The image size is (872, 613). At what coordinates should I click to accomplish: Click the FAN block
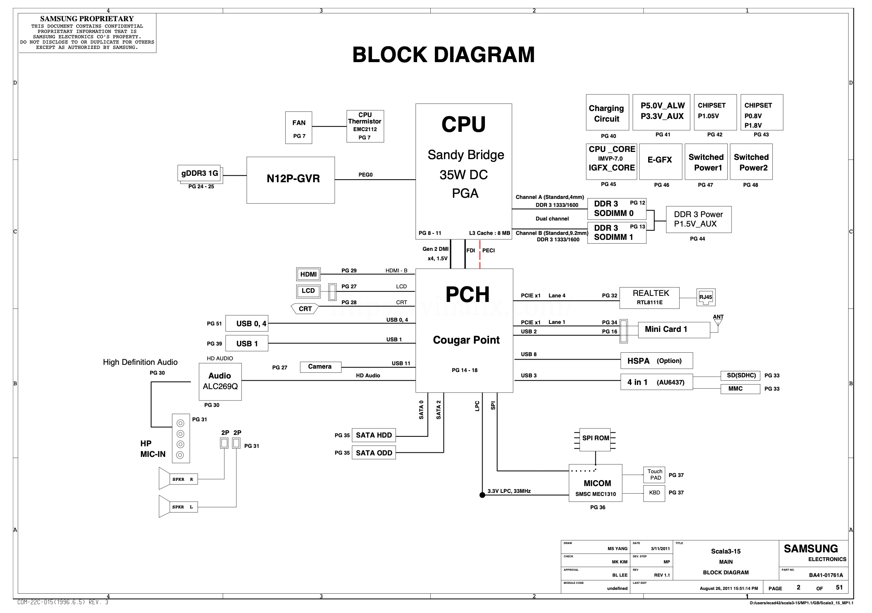pyautogui.click(x=298, y=128)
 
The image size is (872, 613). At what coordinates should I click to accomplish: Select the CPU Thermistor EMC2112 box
pyautogui.click(x=365, y=127)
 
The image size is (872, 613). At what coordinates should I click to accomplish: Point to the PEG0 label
pyautogui.click(x=366, y=175)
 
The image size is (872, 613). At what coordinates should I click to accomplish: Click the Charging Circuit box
pyautogui.click(x=607, y=113)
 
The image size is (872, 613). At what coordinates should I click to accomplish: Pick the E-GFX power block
pyautogui.click(x=661, y=161)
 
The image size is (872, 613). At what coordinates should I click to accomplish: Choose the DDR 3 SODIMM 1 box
pyautogui.click(x=616, y=233)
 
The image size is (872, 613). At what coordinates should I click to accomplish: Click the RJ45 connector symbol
pyautogui.click(x=706, y=297)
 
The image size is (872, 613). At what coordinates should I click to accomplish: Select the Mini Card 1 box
pyautogui.click(x=674, y=330)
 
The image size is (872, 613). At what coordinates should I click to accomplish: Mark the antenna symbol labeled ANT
pyautogui.click(x=718, y=322)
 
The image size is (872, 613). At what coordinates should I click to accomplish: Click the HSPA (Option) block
pyautogui.click(x=656, y=361)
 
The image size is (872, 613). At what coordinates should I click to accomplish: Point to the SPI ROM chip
pyautogui.click(x=595, y=439)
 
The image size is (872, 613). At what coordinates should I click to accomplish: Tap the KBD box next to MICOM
pyautogui.click(x=654, y=493)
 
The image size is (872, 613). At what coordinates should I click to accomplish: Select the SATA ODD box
pyautogui.click(x=374, y=453)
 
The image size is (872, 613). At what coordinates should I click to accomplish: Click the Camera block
pyautogui.click(x=320, y=367)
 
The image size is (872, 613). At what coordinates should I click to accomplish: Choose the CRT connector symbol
pyautogui.click(x=305, y=309)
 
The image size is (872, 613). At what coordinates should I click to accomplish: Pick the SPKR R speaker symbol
pyautogui.click(x=178, y=479)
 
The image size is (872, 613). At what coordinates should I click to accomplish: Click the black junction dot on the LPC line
pyautogui.click(x=482, y=495)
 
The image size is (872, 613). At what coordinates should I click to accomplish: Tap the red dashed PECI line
pyautogui.click(x=480, y=255)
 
